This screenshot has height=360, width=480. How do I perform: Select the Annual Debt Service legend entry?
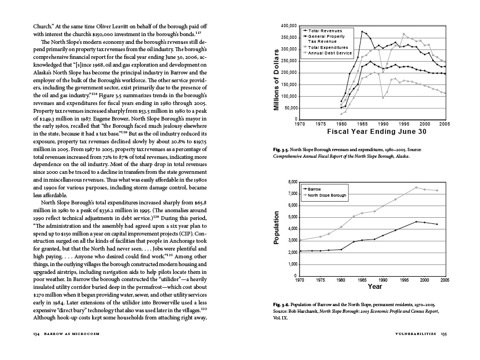point(330,53)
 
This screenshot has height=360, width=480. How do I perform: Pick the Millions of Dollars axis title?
point(276,79)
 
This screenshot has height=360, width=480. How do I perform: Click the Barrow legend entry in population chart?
point(314,189)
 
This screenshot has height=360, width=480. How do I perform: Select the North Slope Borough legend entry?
point(327,196)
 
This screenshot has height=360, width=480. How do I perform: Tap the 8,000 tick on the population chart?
point(292,182)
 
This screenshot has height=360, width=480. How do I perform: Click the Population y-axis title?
point(276,229)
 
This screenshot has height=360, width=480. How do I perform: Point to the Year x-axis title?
point(374,287)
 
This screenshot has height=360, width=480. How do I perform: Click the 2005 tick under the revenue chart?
point(444,124)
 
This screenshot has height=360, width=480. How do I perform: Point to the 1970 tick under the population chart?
point(299,281)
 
